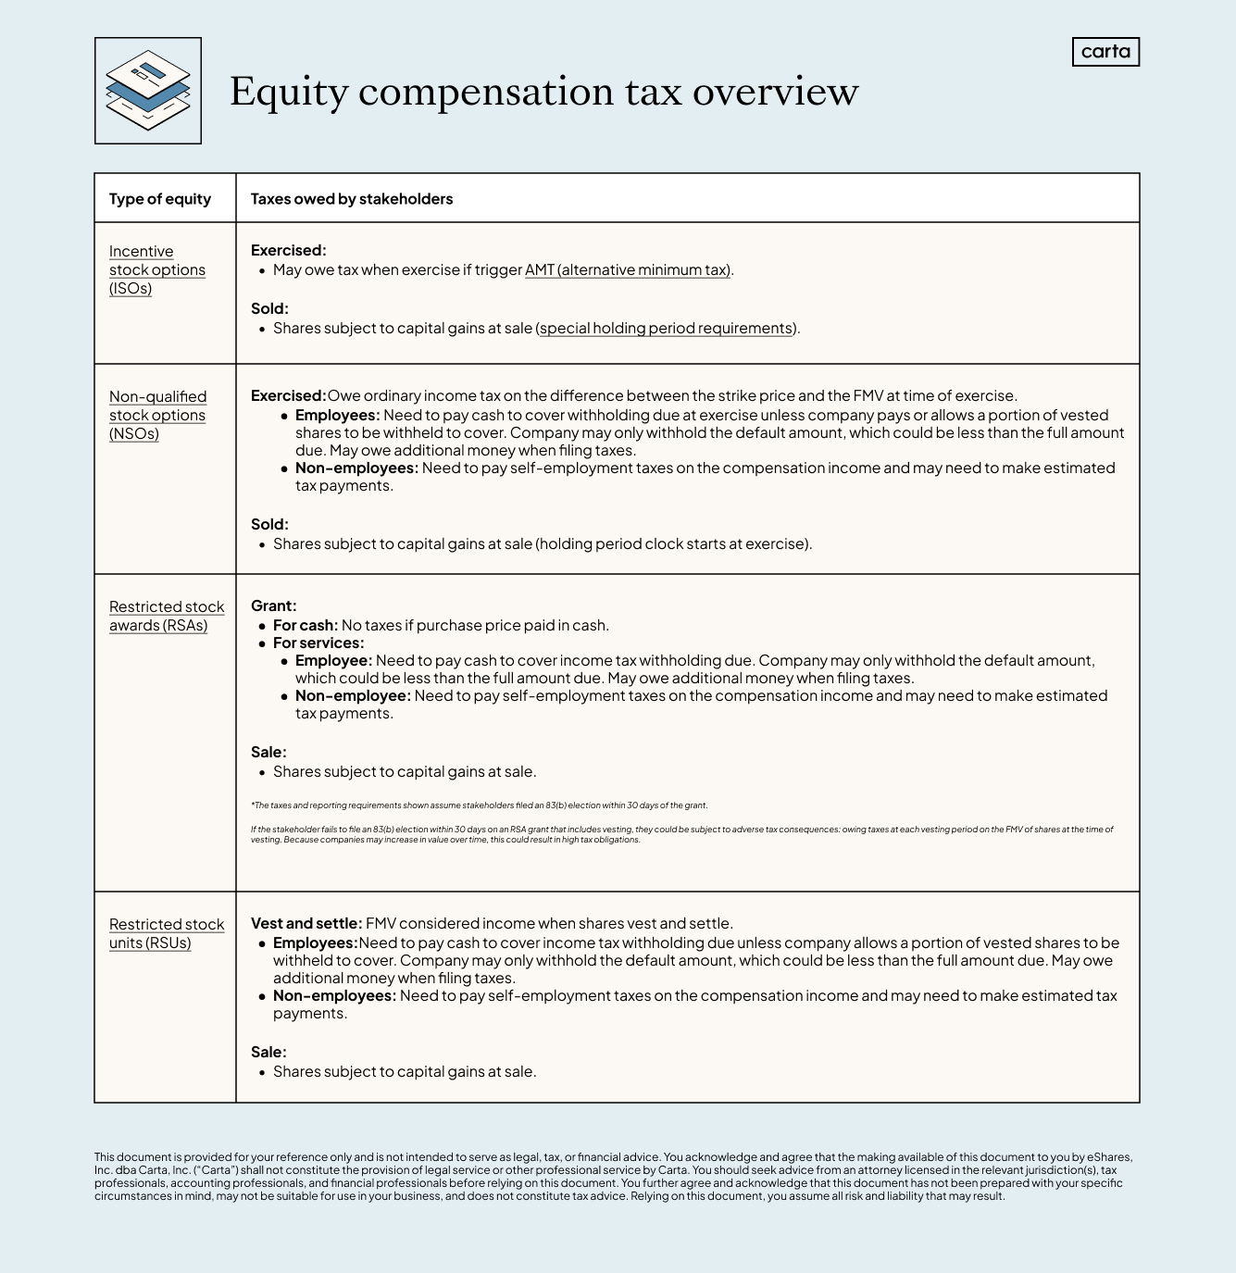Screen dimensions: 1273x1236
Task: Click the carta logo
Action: click(1105, 52)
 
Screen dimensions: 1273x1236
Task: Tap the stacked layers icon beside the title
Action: click(148, 91)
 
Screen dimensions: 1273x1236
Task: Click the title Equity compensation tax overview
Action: click(543, 92)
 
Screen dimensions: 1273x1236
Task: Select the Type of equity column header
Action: click(160, 199)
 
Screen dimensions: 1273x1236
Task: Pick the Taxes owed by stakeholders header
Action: click(352, 199)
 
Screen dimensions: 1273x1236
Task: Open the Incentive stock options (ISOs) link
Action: click(156, 269)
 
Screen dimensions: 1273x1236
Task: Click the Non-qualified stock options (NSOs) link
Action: click(157, 415)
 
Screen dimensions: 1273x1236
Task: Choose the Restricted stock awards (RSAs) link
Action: click(167, 616)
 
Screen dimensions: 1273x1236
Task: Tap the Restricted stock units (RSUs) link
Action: click(167, 933)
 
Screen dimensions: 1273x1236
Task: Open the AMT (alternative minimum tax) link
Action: click(628, 270)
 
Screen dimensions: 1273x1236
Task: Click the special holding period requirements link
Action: click(667, 329)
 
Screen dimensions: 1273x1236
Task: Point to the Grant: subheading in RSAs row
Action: click(274, 606)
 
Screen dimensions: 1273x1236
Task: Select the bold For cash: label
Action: click(306, 626)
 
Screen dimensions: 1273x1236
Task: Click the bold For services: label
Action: click(318, 643)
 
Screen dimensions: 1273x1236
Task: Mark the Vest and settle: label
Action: click(306, 924)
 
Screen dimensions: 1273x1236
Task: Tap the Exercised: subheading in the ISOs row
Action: click(288, 251)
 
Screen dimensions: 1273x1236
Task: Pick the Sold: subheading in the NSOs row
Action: click(269, 525)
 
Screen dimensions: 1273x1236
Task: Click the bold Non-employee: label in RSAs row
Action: click(353, 696)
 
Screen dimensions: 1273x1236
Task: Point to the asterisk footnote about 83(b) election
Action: click(479, 805)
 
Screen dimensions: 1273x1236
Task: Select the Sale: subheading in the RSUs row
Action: click(268, 1053)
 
